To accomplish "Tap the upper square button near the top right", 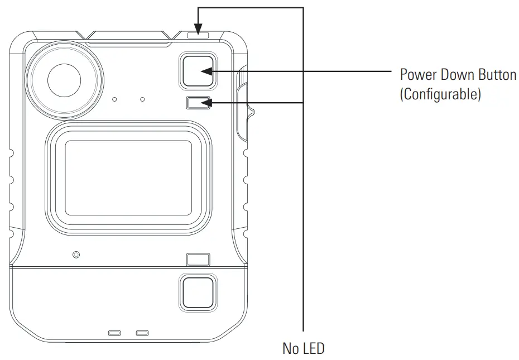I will [x=197, y=71].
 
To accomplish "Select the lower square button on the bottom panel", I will [x=197, y=292].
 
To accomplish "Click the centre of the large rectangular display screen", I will [x=128, y=177].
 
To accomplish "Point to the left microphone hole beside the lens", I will [x=114, y=99].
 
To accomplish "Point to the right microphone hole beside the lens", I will [x=143, y=99].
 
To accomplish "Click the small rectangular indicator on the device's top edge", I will [x=199, y=35].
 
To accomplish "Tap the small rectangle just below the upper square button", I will [x=198, y=103].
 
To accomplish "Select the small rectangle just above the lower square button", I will [x=198, y=260].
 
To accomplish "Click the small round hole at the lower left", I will [x=76, y=255].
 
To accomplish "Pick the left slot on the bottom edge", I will [x=114, y=333].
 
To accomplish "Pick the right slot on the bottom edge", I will [x=142, y=333].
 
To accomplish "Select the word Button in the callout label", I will [x=499, y=75].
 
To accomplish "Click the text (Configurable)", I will [x=440, y=94].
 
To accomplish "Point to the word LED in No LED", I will [x=314, y=349].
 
